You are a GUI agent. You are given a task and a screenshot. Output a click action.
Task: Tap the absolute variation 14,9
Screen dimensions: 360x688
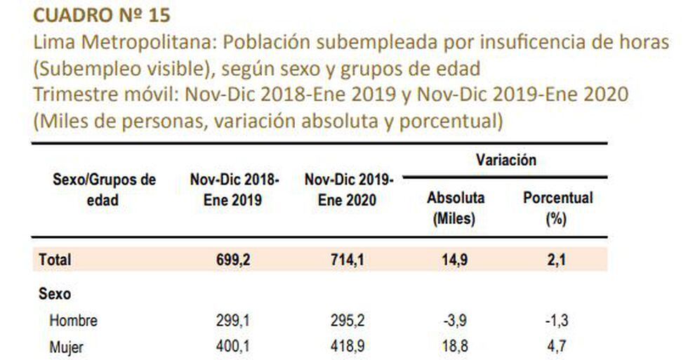tap(456, 259)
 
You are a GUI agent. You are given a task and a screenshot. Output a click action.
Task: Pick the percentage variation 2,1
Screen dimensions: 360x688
tap(557, 259)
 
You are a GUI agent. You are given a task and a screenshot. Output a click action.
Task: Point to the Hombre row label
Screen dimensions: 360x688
tap(73, 321)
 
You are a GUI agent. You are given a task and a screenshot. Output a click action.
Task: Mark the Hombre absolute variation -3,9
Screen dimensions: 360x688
tap(456, 321)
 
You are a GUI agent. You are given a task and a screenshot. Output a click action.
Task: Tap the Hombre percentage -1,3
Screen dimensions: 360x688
tap(556, 321)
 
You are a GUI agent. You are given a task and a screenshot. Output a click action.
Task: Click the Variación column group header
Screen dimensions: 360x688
tap(506, 160)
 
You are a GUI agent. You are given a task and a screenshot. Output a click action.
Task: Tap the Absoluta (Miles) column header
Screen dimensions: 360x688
tap(456, 208)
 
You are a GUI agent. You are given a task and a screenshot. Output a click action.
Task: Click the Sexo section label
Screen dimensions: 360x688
tap(55, 294)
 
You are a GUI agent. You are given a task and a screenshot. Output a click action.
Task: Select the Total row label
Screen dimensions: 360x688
tap(55, 259)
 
